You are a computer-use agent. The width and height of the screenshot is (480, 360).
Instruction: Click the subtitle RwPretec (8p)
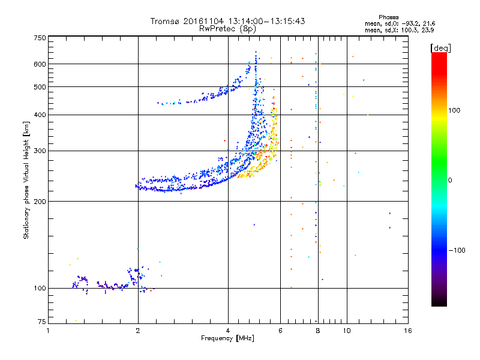coord(227,29)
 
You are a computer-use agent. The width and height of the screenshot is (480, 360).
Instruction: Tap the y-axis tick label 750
coord(40,38)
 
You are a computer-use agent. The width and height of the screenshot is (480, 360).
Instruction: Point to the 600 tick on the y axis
coord(40,64)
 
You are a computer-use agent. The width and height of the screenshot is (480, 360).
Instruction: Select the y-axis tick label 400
coord(40,115)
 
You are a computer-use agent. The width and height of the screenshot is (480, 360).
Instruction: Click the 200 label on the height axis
coord(40,202)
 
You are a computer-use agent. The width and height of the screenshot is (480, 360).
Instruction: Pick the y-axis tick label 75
coord(42,322)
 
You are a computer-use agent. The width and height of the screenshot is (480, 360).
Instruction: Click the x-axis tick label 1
coord(48,331)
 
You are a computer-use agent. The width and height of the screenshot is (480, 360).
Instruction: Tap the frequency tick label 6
coord(280,331)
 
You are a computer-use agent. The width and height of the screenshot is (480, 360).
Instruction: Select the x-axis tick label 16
coord(408,331)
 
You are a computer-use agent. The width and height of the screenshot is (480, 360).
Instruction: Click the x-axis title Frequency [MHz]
coord(227,338)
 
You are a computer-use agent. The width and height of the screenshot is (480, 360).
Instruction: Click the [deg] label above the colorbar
coord(440,49)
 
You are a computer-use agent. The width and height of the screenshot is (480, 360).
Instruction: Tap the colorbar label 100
coord(454,110)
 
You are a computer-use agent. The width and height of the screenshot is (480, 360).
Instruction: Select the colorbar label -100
coord(457,250)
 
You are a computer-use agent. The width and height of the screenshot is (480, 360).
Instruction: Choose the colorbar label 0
coord(450,181)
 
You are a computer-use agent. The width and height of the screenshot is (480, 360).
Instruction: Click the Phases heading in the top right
coord(388,17)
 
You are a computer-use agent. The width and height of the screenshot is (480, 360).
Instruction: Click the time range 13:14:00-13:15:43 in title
coord(266,21)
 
